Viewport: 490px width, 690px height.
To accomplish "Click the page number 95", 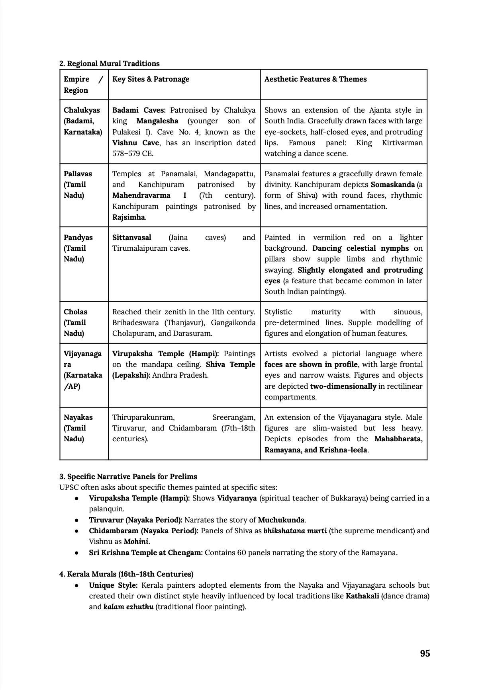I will click(x=425, y=653).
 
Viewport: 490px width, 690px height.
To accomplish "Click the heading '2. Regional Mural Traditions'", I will click(x=109, y=64).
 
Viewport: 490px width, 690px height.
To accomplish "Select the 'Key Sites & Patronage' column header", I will click(x=151, y=79).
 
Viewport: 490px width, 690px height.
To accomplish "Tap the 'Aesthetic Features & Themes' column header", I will click(x=315, y=79).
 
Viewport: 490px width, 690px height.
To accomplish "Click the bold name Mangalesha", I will click(x=157, y=121).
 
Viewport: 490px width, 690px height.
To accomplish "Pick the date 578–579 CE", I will click(x=133, y=154).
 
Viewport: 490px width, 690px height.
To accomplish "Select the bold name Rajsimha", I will click(x=128, y=217).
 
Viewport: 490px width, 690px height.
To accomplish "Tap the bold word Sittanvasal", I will click(x=131, y=238).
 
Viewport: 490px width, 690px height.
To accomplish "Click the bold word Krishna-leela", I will click(x=343, y=450).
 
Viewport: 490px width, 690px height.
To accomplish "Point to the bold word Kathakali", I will click(x=362, y=596).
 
